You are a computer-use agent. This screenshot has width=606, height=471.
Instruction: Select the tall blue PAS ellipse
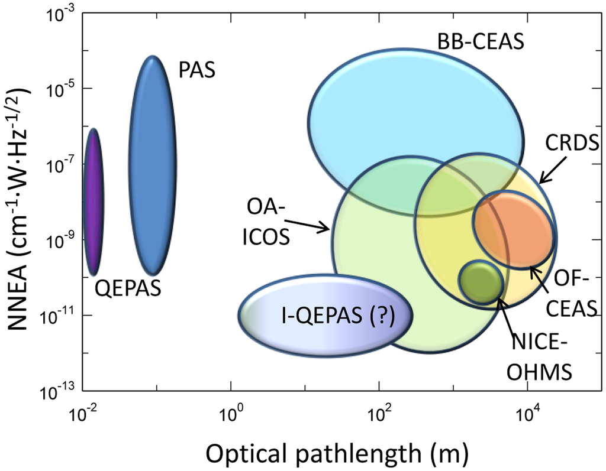tap(152, 165)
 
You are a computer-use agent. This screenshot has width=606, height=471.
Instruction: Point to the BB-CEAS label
tap(481, 42)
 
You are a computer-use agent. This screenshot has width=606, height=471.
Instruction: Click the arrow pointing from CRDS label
tap(552, 171)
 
